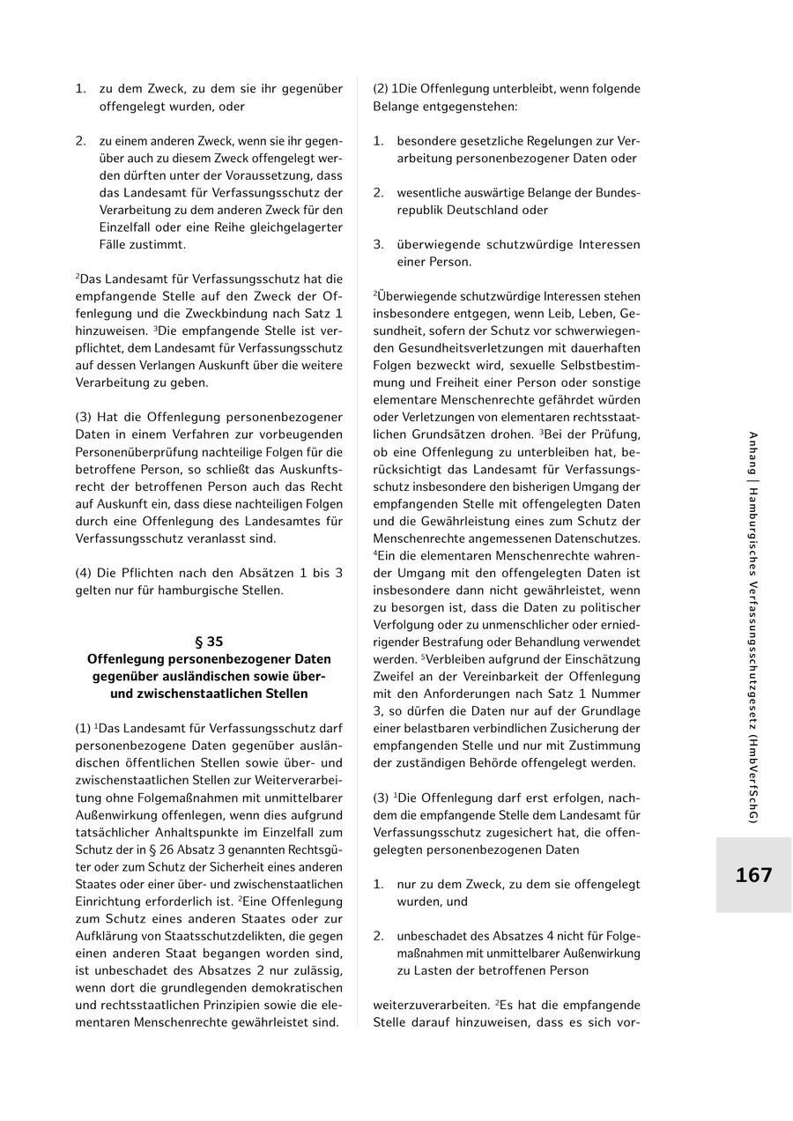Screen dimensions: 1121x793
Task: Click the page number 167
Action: click(753, 875)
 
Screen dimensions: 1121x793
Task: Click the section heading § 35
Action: click(209, 642)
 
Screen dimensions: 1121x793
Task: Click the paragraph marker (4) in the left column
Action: click(85, 573)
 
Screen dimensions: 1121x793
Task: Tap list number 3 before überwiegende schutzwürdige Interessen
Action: click(378, 245)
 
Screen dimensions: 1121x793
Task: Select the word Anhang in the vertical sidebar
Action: click(752, 456)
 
